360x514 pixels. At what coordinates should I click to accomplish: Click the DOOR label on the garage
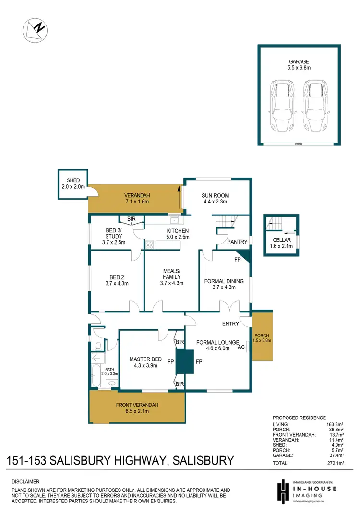pyautogui.click(x=299, y=143)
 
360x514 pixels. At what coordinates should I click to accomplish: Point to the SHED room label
pyautogui.click(x=73, y=180)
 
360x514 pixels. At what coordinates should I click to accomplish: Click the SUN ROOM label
pyautogui.click(x=215, y=195)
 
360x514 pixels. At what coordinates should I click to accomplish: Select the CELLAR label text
pyautogui.click(x=281, y=240)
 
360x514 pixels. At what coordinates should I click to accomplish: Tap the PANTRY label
pyautogui.click(x=237, y=242)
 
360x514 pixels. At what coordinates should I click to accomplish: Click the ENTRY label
pyautogui.click(x=230, y=323)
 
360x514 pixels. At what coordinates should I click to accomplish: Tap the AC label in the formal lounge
pyautogui.click(x=241, y=347)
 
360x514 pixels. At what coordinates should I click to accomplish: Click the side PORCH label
pyautogui.click(x=262, y=337)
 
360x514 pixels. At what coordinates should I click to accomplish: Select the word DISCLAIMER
pyautogui.click(x=25, y=481)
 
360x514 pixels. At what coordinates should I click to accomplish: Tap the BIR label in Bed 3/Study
pyautogui.click(x=131, y=220)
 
